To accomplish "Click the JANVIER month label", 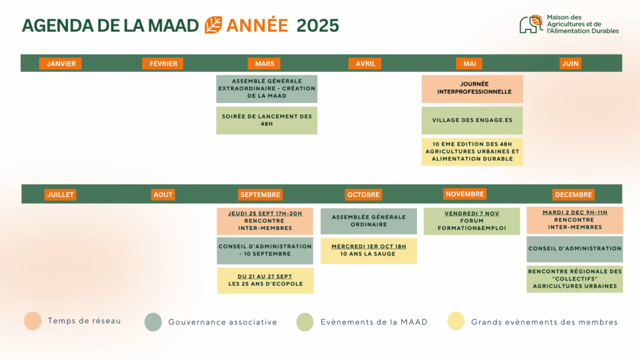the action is coord(61,63).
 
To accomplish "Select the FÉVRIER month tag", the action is coord(163,63).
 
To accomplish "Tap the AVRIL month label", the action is coord(365,63).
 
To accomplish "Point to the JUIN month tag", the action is coord(570,63).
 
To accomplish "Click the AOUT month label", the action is coord(163,194).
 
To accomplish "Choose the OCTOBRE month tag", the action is coord(363,194).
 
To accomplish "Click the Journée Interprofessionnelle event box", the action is coord(472,89).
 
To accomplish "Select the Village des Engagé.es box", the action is coord(472,121).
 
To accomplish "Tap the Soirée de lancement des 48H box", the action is coord(266,121).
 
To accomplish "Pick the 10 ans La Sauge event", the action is coord(369,251).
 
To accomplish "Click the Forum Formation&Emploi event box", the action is coord(472,221).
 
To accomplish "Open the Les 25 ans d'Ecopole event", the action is coord(265,281).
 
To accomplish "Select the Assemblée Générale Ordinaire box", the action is coord(369,221).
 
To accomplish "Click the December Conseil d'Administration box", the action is coord(575,249).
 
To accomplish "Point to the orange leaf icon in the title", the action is coord(213,25).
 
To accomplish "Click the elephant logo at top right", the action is coord(531,24).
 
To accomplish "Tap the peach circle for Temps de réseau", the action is coord(32,321).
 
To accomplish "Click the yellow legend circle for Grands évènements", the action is coord(456,321).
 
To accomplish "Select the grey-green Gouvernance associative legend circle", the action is coord(153,322).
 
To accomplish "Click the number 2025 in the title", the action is coord(317,25).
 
